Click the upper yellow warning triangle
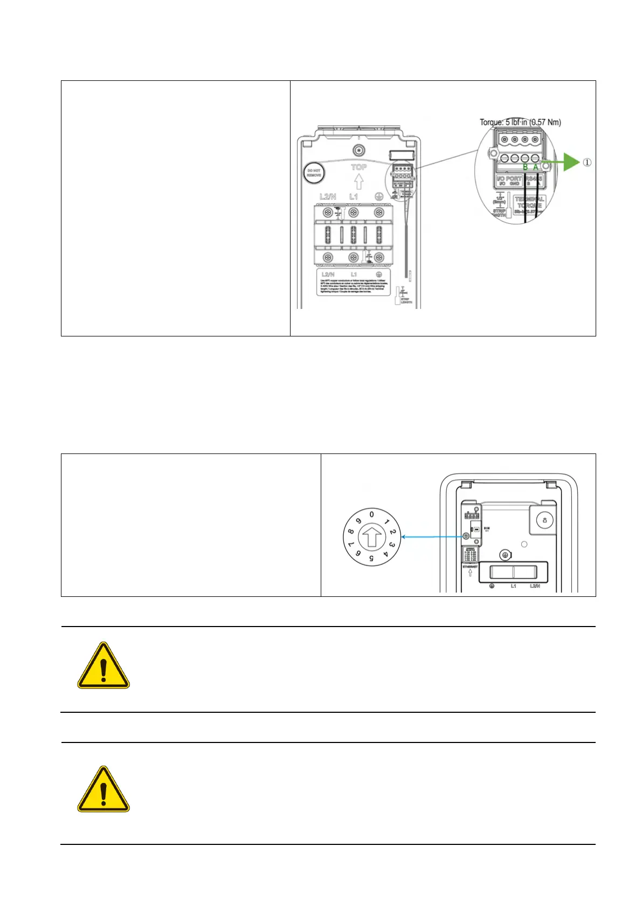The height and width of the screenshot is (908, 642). (x=103, y=666)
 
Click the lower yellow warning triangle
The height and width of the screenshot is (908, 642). (x=103, y=790)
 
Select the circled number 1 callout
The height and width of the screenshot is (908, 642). (x=587, y=162)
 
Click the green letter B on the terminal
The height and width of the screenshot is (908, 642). (x=525, y=168)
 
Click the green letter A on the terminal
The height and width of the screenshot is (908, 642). (x=536, y=168)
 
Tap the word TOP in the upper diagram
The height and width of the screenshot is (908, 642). (x=358, y=167)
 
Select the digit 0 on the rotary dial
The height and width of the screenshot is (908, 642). (x=371, y=514)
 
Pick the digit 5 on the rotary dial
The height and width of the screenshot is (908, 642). (x=371, y=559)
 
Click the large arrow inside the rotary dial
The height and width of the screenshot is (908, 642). (x=371, y=537)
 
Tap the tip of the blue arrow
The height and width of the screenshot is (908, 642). (x=404, y=537)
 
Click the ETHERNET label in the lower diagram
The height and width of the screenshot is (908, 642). (x=470, y=567)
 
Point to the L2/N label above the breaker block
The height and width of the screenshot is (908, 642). (x=327, y=197)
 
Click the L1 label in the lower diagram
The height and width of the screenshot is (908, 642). (x=513, y=586)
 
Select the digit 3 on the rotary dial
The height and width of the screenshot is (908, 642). (x=393, y=545)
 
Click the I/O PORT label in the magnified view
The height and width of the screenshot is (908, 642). (x=508, y=178)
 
